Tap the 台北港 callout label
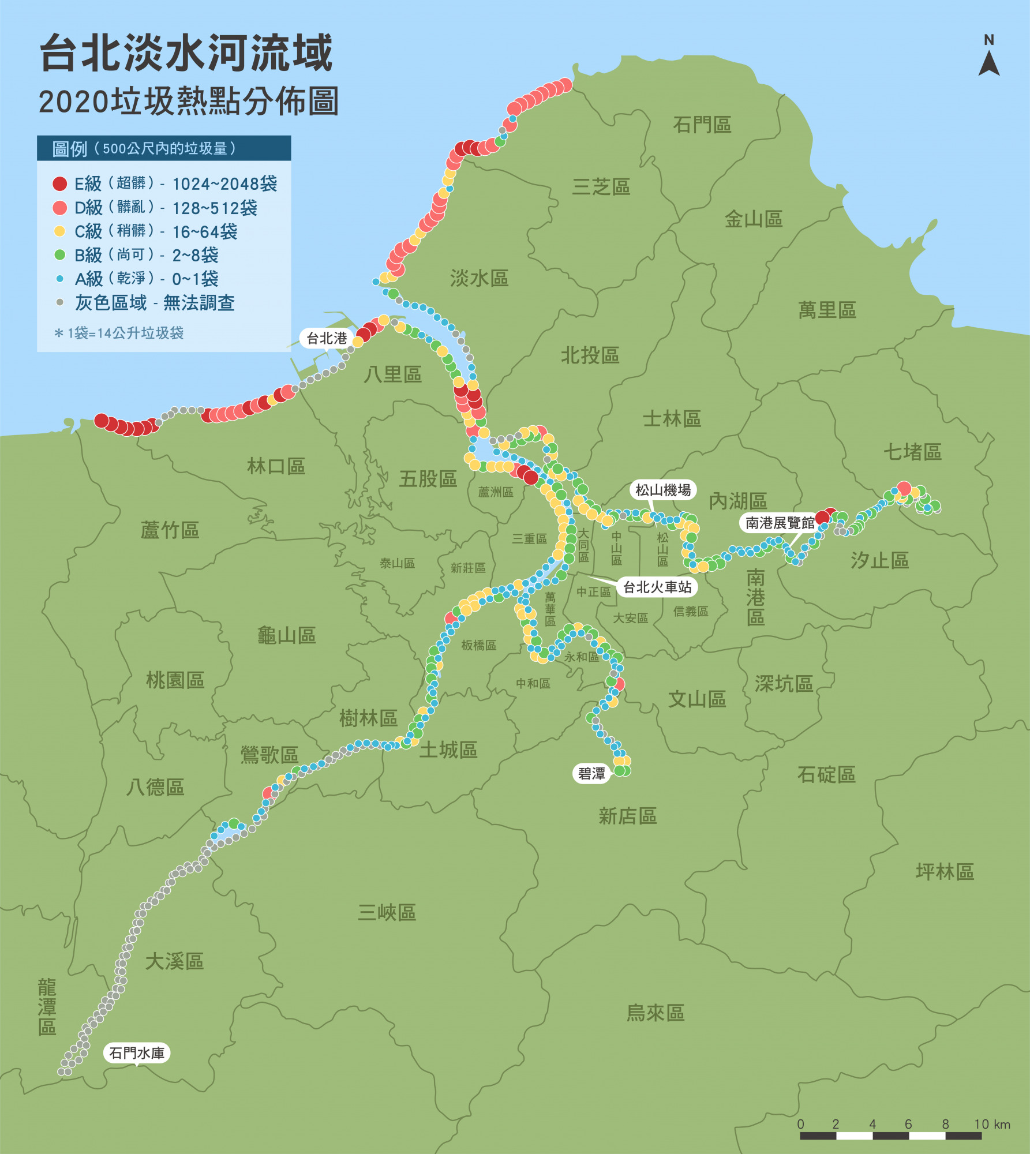click(327, 338)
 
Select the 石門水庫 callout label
click(137, 1053)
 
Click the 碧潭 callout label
click(591, 774)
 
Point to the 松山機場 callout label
click(662, 490)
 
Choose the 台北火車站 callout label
click(657, 587)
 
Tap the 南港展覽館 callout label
click(779, 523)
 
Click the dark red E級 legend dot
click(59, 183)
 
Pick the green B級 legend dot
click(59, 254)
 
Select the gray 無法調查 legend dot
click(59, 302)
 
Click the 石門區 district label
click(702, 125)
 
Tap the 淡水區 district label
click(479, 279)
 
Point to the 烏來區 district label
click(655, 1013)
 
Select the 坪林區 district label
click(945, 871)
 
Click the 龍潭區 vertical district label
click(47, 1007)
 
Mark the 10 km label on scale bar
click(992, 1124)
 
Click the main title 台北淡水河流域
click(186, 53)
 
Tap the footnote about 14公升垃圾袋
click(119, 333)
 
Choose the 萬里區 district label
click(826, 310)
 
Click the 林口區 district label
click(276, 466)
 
